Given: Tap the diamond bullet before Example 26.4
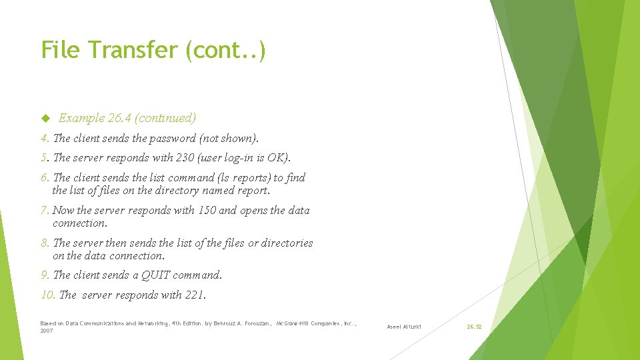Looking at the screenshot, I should [x=45, y=119].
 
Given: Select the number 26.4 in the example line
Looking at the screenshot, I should [x=119, y=119].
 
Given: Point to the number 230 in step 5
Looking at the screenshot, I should [x=183, y=158].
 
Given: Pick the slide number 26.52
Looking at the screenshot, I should [x=474, y=327].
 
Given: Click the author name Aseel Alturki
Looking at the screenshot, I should [x=404, y=327].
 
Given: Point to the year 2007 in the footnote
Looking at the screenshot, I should [x=47, y=331].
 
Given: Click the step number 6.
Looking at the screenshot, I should [x=44, y=178].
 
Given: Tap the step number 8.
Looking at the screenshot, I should [x=44, y=243].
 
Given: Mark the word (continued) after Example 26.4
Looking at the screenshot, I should [x=165, y=119].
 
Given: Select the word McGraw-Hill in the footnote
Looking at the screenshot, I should [x=295, y=323].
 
